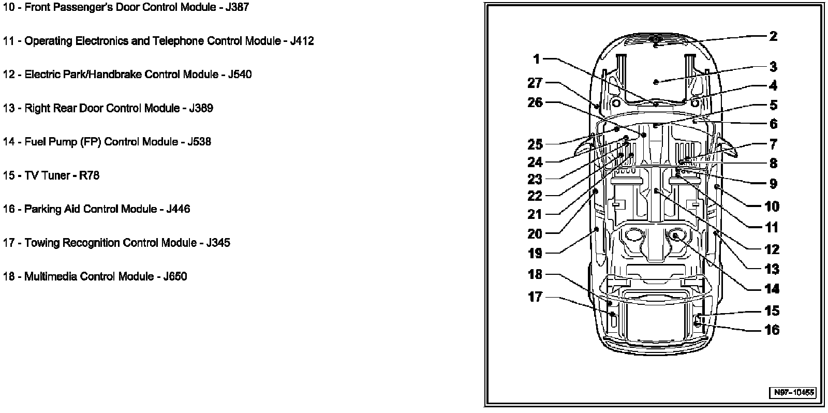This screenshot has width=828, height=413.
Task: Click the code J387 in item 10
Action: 236,8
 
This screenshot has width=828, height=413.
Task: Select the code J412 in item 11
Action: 302,41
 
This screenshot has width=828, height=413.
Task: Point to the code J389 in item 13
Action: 201,108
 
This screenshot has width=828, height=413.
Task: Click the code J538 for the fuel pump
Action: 199,142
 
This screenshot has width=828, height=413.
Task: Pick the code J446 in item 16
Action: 178,209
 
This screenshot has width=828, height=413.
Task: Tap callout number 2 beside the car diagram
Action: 773,36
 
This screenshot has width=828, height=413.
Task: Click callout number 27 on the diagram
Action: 535,83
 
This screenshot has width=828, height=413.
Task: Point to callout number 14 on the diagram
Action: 772,289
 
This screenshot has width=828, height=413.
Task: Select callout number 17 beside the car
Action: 535,297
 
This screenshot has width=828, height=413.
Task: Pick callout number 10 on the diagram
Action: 772,207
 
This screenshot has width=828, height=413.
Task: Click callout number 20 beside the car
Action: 535,234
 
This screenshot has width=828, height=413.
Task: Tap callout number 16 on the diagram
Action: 772,330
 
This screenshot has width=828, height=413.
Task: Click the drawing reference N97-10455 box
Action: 794,392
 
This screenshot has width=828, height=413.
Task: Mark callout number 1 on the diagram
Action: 537,59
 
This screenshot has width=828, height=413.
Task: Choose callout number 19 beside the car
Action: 535,254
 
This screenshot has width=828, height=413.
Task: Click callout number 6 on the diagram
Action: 773,124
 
